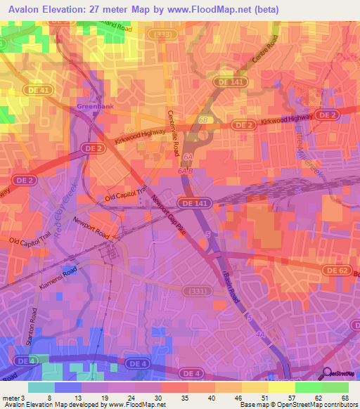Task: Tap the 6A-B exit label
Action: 185,171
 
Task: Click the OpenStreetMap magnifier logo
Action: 326,373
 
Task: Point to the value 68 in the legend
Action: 344,397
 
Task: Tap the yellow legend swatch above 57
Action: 281,387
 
